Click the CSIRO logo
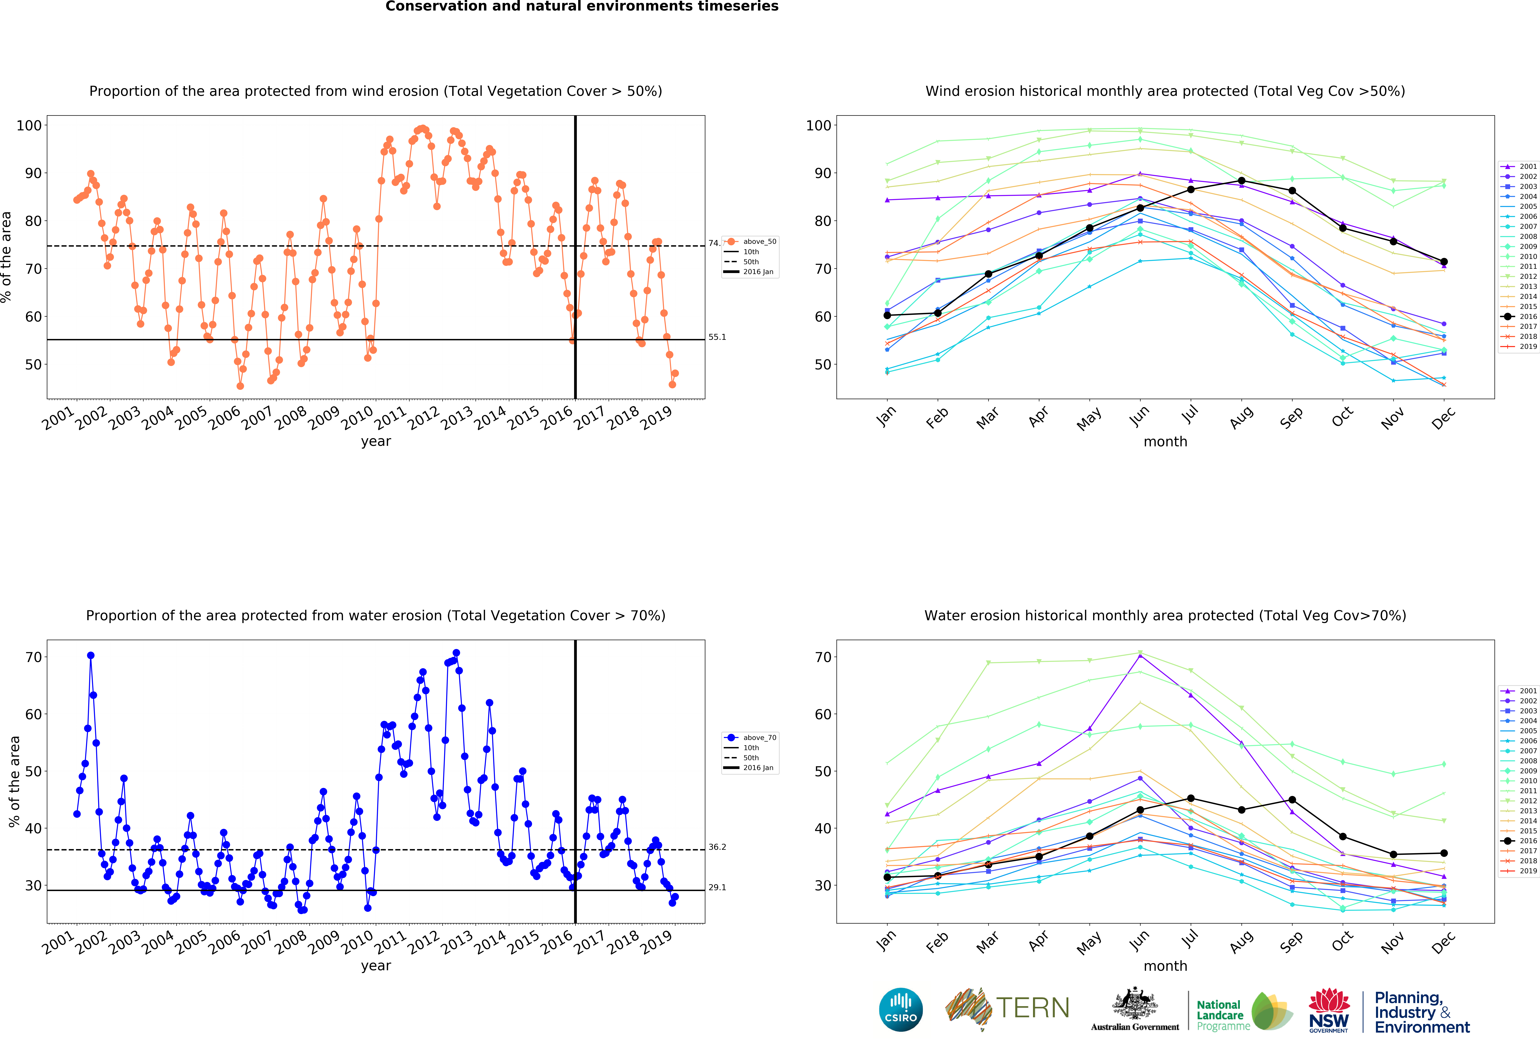(x=901, y=1010)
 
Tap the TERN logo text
(x=1032, y=1008)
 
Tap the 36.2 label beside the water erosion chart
(x=717, y=847)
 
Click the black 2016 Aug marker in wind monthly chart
(x=1241, y=181)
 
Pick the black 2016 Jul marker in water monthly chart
(x=1191, y=798)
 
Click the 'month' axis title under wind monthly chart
(x=1165, y=441)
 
